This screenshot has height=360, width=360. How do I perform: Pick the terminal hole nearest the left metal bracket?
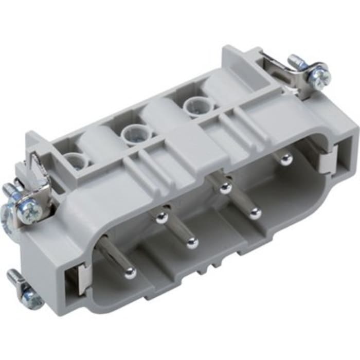[76, 160]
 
